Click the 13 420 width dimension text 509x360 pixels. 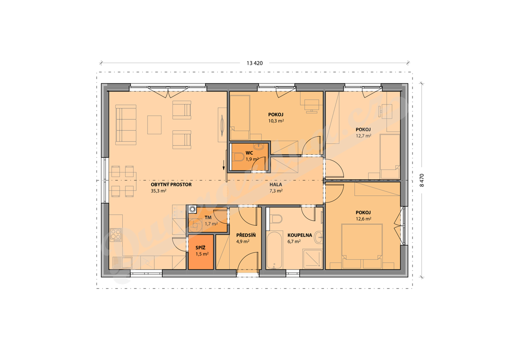[x=254, y=63]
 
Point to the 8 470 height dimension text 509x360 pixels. [x=422, y=180]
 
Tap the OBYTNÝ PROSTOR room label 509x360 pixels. [x=171, y=184]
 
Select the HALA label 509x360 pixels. [x=275, y=184]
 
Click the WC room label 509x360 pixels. [x=250, y=153]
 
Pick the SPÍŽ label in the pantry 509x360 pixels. [x=200, y=248]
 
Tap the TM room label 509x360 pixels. [x=208, y=217]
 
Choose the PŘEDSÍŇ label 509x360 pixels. [x=246, y=235]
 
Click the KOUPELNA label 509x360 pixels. [x=300, y=235]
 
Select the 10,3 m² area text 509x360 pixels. [x=276, y=121]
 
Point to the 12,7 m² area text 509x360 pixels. [x=363, y=136]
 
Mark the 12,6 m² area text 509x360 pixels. [x=363, y=219]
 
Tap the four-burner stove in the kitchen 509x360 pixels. [x=116, y=235]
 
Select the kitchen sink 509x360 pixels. [x=122, y=262]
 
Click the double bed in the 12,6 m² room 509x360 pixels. [x=362, y=246]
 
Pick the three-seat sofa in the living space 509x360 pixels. [x=126, y=125]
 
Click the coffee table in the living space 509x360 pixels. [x=154, y=125]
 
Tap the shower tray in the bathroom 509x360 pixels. [x=312, y=259]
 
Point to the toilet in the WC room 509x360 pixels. [x=238, y=158]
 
